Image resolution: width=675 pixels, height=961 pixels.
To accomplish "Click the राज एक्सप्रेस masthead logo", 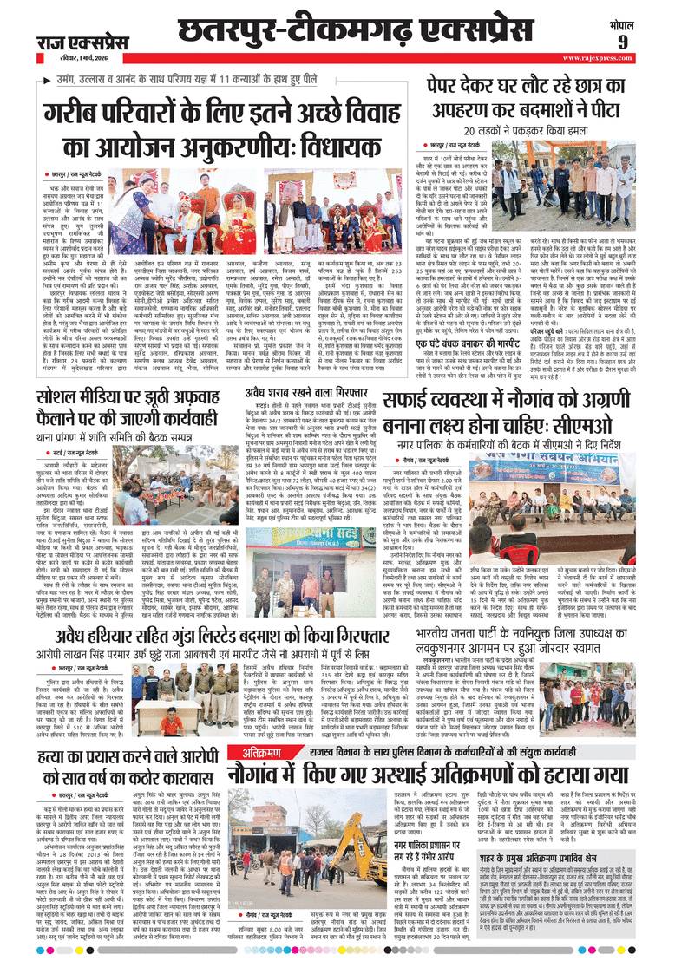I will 83,42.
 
